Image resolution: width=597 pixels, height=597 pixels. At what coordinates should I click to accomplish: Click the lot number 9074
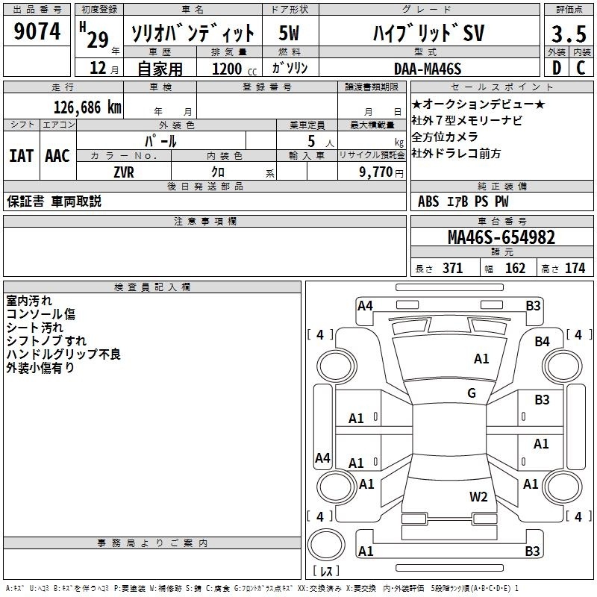(37, 31)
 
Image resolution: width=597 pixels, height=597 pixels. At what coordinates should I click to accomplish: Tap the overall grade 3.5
(569, 34)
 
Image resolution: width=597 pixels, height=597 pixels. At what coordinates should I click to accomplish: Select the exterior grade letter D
(557, 68)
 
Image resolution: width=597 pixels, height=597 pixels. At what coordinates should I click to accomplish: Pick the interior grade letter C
(581, 68)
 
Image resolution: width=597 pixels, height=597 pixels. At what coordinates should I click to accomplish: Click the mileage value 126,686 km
(87, 107)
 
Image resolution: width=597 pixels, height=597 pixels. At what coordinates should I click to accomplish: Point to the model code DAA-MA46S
(428, 69)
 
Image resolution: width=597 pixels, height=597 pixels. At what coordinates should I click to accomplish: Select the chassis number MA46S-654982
(501, 237)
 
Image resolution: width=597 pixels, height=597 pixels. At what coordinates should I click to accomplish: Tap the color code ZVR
(124, 172)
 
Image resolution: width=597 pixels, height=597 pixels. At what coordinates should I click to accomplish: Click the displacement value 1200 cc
(234, 69)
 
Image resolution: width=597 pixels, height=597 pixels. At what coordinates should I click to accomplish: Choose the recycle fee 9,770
(376, 172)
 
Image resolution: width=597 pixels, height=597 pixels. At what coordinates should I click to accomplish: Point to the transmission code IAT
(22, 156)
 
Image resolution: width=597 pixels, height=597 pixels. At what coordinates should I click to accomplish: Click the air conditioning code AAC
(57, 156)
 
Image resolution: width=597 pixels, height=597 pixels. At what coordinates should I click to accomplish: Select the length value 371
(453, 268)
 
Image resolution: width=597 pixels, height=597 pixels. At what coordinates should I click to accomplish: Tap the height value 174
(575, 268)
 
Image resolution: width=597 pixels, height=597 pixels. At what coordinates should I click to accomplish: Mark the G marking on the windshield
(472, 393)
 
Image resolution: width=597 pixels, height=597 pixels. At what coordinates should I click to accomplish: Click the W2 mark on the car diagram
(478, 496)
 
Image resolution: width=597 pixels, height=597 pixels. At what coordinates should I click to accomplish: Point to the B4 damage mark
(542, 342)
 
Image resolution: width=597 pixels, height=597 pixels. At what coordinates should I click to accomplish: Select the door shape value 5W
(289, 33)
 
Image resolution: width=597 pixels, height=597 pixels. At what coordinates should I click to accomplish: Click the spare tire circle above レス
(326, 545)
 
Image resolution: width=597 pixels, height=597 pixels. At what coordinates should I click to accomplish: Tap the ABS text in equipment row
(428, 201)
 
